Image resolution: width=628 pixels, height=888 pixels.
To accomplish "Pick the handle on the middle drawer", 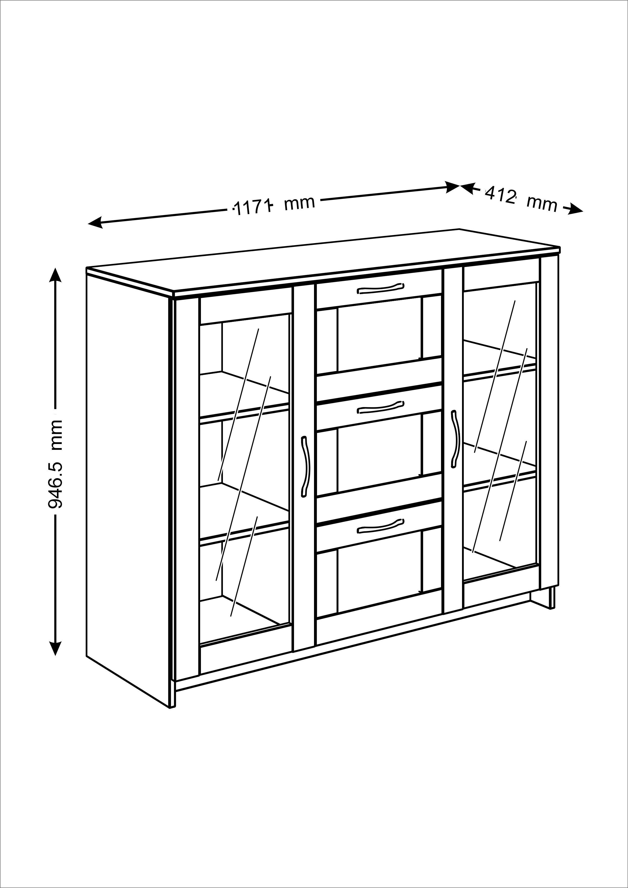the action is pyautogui.click(x=381, y=407).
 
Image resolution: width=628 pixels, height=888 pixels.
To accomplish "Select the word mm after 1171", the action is pyautogui.click(x=299, y=203).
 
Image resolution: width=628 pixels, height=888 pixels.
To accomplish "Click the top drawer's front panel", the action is pyautogui.click(x=379, y=289).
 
